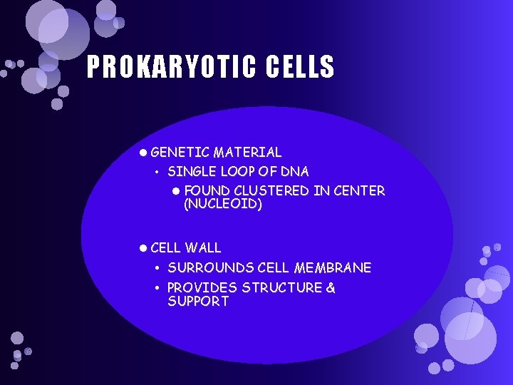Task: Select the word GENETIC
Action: (x=180, y=152)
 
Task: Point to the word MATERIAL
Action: (x=247, y=152)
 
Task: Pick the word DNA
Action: (x=295, y=172)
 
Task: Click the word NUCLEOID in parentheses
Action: (x=223, y=205)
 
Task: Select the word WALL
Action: (x=203, y=248)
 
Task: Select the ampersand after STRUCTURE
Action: (x=331, y=288)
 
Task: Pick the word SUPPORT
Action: (x=198, y=302)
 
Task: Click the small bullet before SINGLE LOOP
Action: (x=157, y=173)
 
